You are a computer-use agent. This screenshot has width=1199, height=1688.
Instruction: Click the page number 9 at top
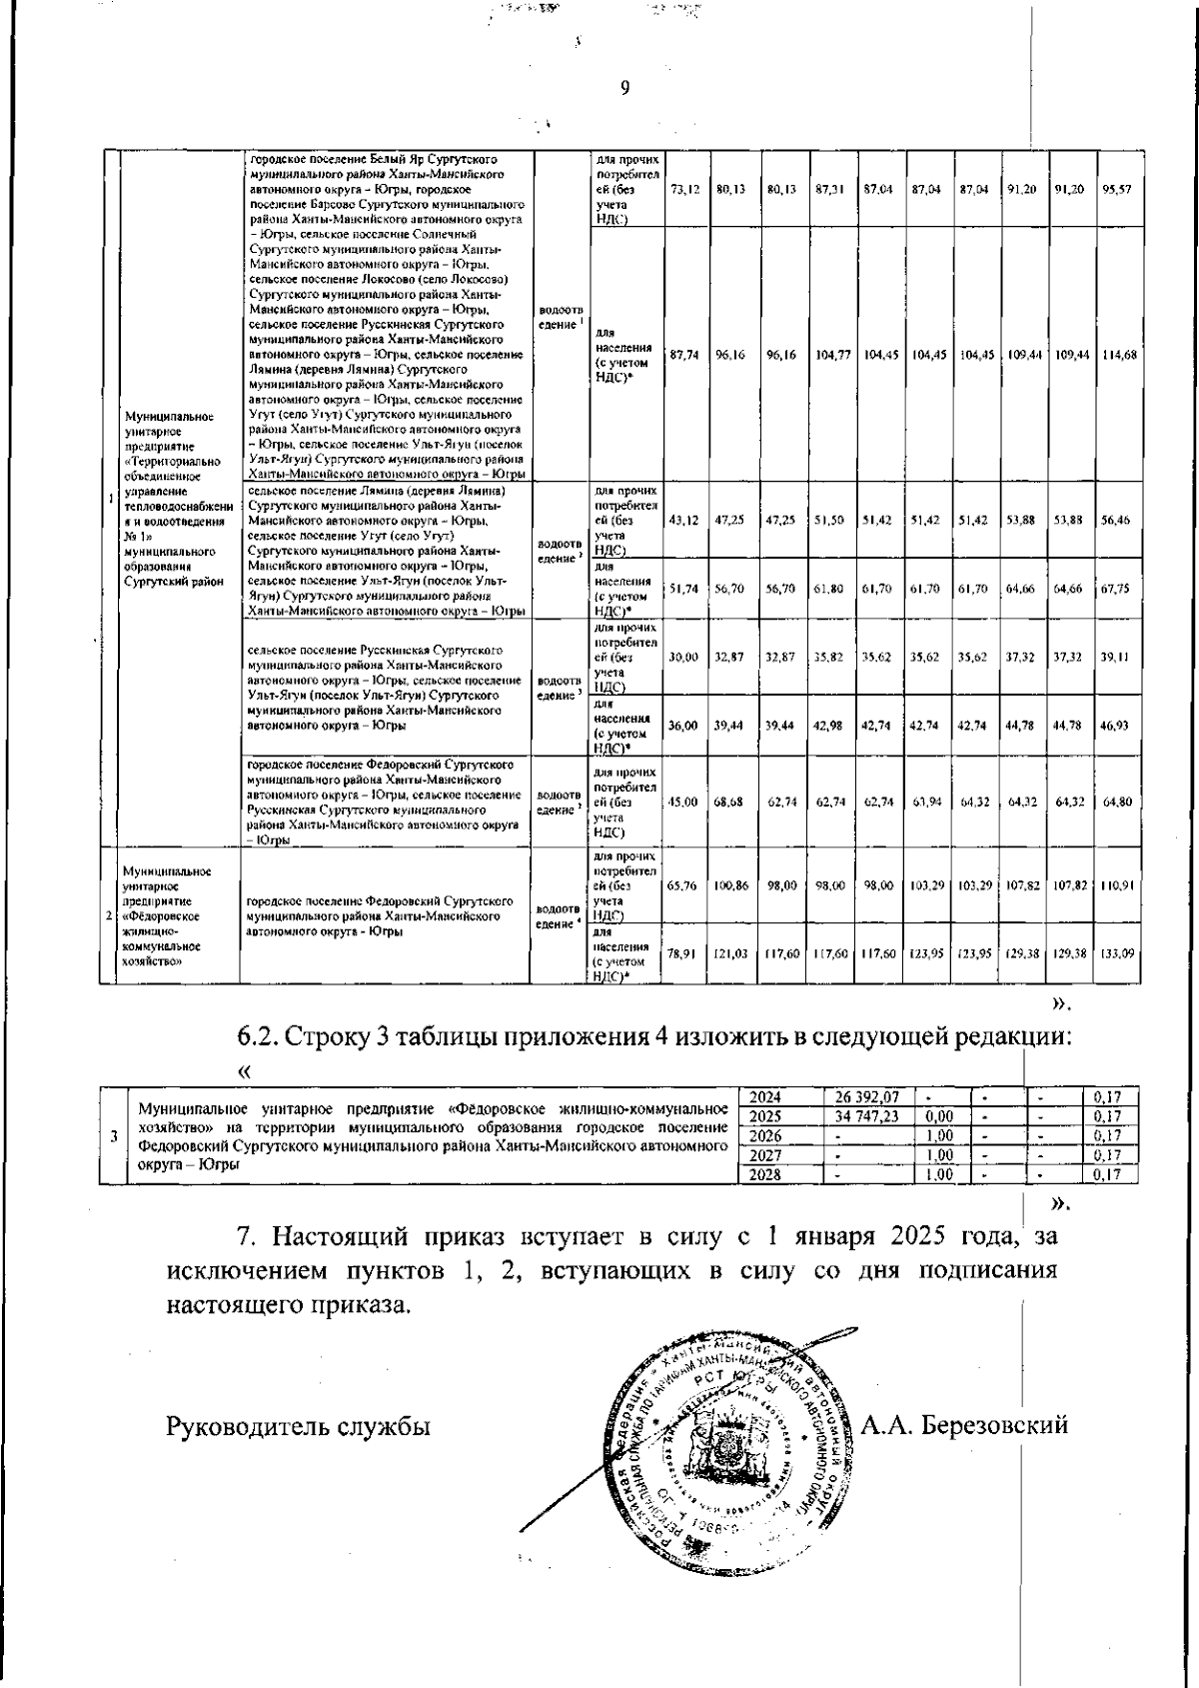pos(624,88)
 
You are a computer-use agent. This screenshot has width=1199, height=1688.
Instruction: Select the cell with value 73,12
pos(683,188)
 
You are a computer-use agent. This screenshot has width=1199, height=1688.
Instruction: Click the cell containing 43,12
pos(683,521)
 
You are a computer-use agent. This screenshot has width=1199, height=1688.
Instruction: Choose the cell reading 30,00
pos(683,657)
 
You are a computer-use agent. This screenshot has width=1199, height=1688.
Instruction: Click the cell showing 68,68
pos(731,803)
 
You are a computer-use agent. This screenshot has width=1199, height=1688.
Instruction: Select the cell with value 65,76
pos(683,885)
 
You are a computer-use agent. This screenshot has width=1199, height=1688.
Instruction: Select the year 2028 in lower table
pos(764,1175)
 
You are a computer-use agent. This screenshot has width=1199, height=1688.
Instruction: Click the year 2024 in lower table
pos(764,1097)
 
